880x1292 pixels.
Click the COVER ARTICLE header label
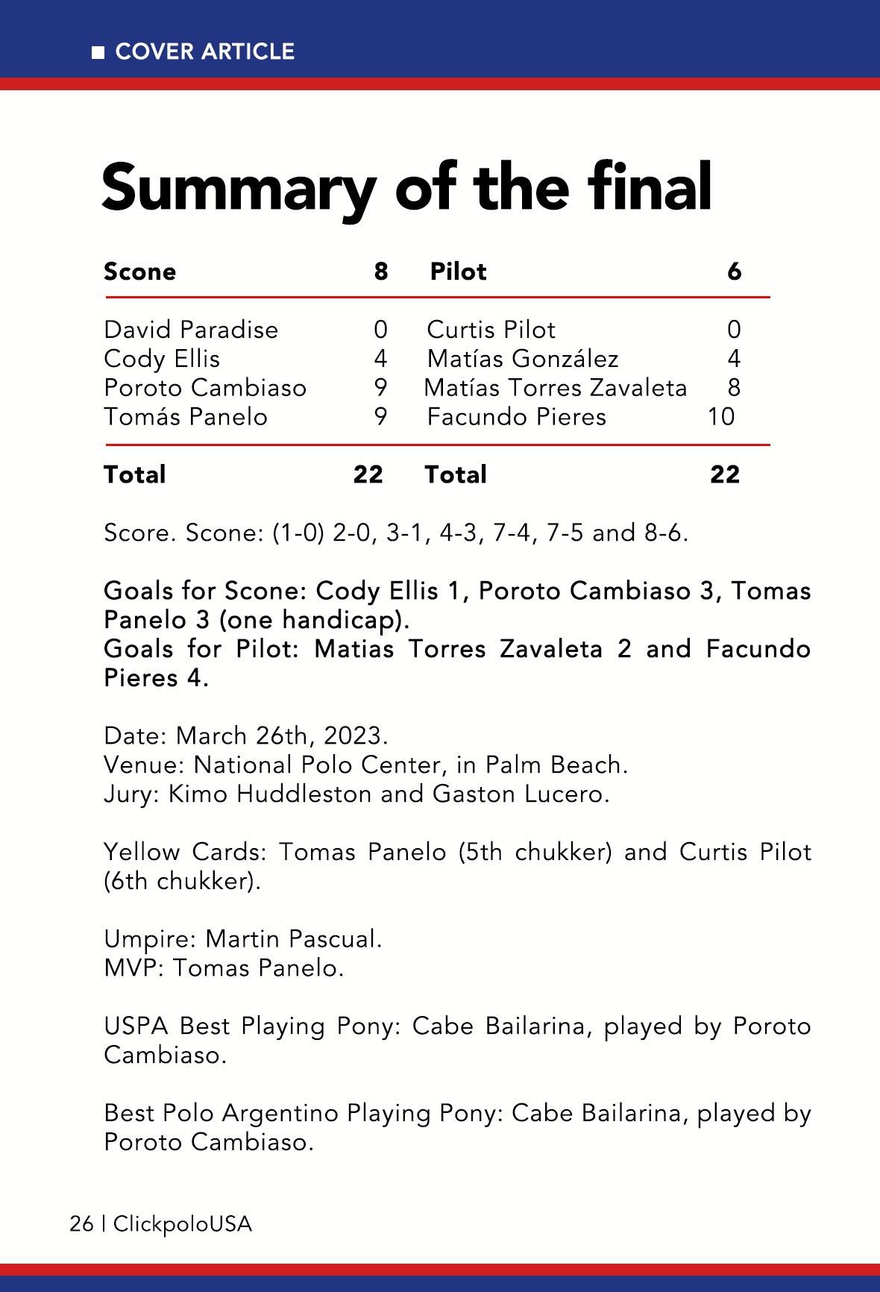pos(205,51)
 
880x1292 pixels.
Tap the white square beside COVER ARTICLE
pos(98,52)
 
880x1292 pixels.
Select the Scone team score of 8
pos(381,272)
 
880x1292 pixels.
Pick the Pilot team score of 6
pos(735,272)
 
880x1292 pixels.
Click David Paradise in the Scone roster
pos(191,330)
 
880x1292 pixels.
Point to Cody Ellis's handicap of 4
pos(380,359)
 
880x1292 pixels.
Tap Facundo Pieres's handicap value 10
pos(721,416)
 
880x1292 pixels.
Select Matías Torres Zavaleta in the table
pos(556,388)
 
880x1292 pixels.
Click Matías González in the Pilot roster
pos(523,359)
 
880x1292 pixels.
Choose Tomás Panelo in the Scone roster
pos(186,416)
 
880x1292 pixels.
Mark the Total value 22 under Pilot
pos(725,474)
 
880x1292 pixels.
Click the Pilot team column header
pos(458,272)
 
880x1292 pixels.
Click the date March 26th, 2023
pos(282,736)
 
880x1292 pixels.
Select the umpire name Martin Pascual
pos(293,938)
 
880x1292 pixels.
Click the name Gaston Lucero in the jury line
pos(521,794)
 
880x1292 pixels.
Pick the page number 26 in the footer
pos(81,1224)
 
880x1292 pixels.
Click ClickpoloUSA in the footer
pos(183,1224)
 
